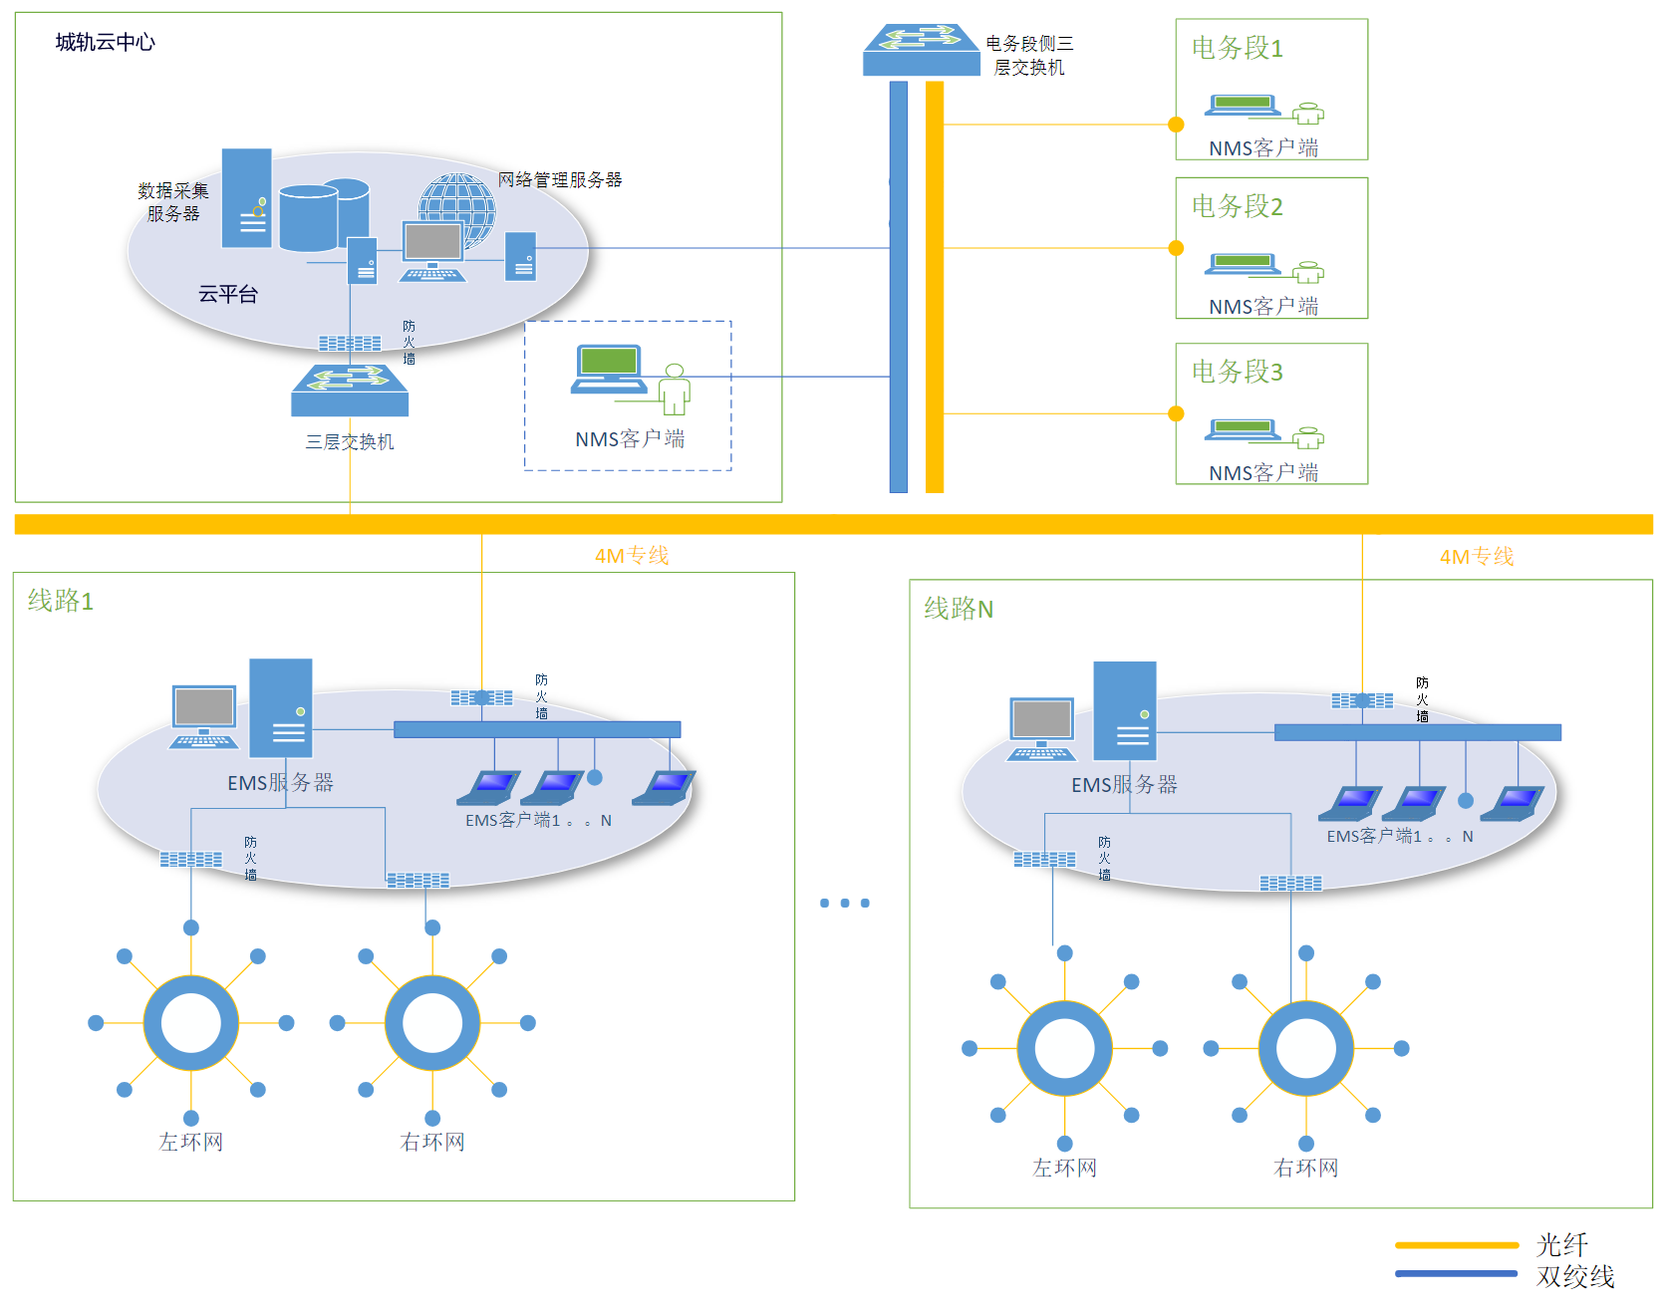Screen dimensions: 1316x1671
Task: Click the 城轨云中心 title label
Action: (x=105, y=42)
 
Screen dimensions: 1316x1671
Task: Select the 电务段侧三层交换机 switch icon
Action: (x=921, y=50)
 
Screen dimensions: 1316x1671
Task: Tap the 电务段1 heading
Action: (x=1237, y=48)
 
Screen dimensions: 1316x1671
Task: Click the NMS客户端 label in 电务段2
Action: (x=1262, y=307)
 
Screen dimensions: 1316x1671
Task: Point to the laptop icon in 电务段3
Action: (x=1243, y=430)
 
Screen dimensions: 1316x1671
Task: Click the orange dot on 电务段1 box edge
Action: (x=1176, y=125)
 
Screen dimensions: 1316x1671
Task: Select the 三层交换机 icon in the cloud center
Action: (x=350, y=391)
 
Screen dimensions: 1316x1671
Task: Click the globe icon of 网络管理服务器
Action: (x=457, y=203)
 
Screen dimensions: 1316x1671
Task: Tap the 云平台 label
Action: (x=227, y=294)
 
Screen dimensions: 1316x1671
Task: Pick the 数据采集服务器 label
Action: (x=173, y=202)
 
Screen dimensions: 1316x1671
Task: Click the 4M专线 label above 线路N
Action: (x=1476, y=557)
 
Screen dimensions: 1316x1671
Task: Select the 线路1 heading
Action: (x=60, y=601)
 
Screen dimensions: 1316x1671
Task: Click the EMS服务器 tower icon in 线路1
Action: (x=280, y=708)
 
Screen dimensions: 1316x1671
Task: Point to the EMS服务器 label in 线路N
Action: (x=1124, y=785)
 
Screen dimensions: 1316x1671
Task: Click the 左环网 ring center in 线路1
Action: (x=191, y=1023)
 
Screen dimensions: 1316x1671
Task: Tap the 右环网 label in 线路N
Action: (x=1305, y=1168)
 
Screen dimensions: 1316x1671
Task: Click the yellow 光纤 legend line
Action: (x=1456, y=1245)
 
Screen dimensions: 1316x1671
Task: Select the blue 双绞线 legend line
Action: (x=1456, y=1273)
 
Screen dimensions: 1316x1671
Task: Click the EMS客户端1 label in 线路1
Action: (x=512, y=821)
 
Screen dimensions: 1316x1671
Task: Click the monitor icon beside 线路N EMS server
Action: (x=1041, y=724)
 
